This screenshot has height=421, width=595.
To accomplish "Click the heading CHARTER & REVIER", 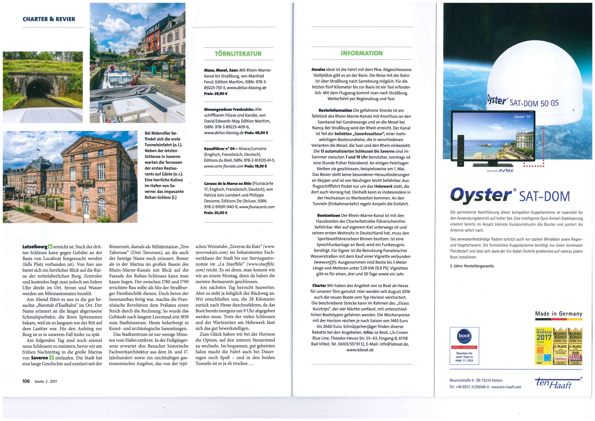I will click(49, 19).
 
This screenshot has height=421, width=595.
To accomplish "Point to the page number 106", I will click(26, 381).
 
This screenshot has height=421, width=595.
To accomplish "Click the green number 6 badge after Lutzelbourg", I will click(50, 247).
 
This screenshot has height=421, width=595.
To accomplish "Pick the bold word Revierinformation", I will click(335, 110).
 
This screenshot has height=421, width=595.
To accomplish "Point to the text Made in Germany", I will click(558, 314).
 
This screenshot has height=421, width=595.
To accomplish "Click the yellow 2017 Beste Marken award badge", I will click(544, 346).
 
